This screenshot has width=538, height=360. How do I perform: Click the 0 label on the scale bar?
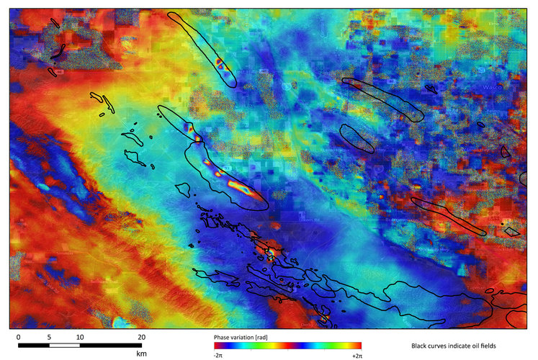[18, 336]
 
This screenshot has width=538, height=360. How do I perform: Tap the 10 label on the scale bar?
[79, 336]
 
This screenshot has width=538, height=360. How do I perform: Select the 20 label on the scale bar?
[142, 336]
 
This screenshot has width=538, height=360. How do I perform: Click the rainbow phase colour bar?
[287, 345]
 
